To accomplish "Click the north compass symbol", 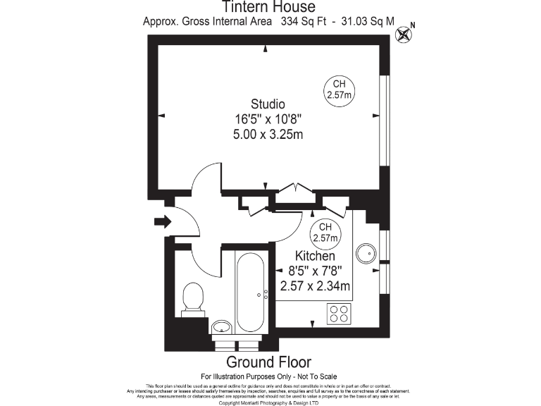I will tap(404, 33).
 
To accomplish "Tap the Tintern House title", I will tap(270, 7).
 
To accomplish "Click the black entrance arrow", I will tap(162, 223).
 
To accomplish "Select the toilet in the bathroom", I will tap(192, 297).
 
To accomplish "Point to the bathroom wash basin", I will tap(221, 326).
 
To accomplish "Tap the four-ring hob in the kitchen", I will tap(339, 313).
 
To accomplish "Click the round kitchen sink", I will tap(366, 254).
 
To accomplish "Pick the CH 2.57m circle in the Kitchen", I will tap(325, 232).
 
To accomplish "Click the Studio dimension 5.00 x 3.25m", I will tap(268, 134).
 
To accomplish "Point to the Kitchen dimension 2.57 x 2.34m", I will tap(315, 285).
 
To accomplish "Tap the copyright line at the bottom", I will tap(270, 403).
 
